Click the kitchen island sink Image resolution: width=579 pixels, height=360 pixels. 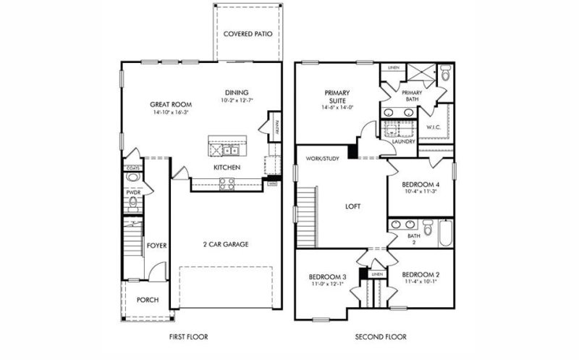point(230,151)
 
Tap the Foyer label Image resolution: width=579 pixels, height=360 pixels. point(157,246)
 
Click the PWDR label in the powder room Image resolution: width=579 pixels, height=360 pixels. point(133,192)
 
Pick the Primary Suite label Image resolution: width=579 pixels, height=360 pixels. point(337,96)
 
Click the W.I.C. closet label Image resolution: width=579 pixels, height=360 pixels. point(434,127)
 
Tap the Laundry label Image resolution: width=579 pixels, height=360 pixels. point(402,141)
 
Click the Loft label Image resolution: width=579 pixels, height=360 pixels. point(352,206)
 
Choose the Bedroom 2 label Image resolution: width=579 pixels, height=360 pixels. point(420,275)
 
